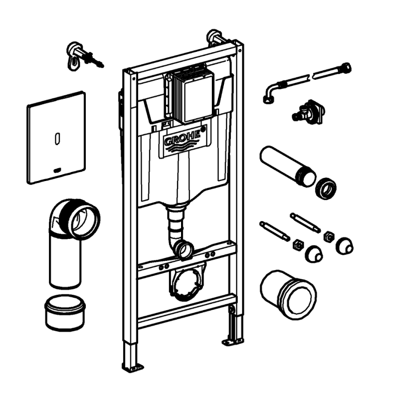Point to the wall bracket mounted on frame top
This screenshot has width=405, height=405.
pyautogui.click(x=215, y=37)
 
